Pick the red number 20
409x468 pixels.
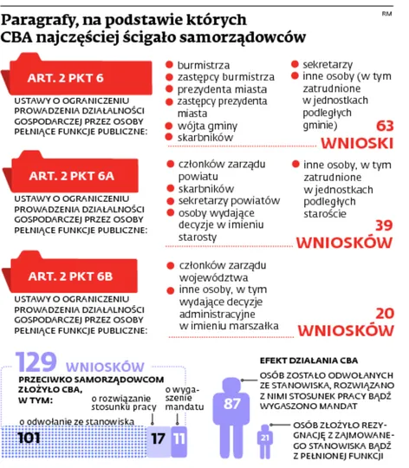[383, 312]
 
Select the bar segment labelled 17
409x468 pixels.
[156, 438]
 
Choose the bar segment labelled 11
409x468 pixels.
[179, 438]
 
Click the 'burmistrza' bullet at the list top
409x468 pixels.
[203, 64]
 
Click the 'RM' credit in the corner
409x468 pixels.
[386, 13]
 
